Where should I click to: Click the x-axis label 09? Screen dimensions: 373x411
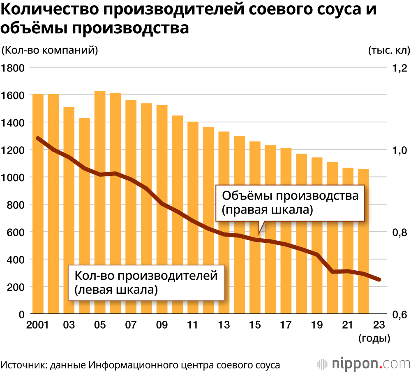coord(162,325)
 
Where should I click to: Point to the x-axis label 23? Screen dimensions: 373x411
coord(379,325)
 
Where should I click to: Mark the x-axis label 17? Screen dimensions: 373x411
coord(286,325)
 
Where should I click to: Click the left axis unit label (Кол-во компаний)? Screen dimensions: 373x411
coord(50,51)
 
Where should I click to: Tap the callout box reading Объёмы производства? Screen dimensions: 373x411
coord(290,203)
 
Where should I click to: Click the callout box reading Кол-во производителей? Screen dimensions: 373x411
coord(145,282)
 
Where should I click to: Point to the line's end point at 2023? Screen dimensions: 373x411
coord(379,280)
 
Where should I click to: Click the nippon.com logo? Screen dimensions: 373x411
coord(364,364)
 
